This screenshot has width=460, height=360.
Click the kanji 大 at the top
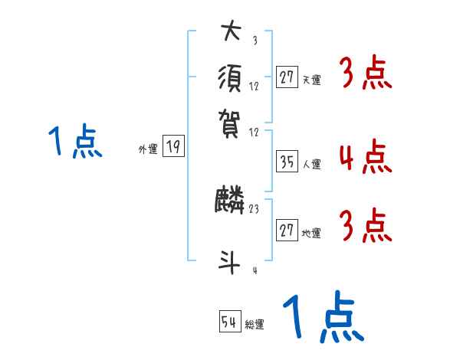point(230,33)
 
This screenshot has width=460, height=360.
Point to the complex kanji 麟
point(230,201)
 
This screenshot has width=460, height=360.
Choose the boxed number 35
point(287,162)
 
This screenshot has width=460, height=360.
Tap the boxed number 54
point(230,322)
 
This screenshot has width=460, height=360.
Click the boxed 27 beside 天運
point(287,77)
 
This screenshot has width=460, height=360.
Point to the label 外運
point(148,150)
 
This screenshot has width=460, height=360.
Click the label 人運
point(312,164)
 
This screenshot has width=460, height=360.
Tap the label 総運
point(255,325)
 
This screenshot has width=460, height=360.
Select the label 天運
point(312,80)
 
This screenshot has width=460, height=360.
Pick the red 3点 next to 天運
point(364,74)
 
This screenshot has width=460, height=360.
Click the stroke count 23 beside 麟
point(254,208)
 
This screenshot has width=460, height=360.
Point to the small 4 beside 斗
point(254,270)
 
